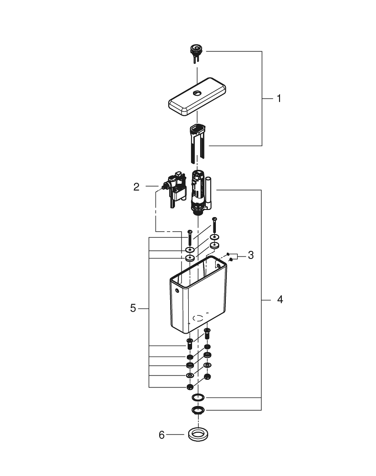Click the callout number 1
279,99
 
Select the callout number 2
136,187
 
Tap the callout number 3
251,255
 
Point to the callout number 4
280,300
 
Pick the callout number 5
133,308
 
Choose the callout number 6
162,435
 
